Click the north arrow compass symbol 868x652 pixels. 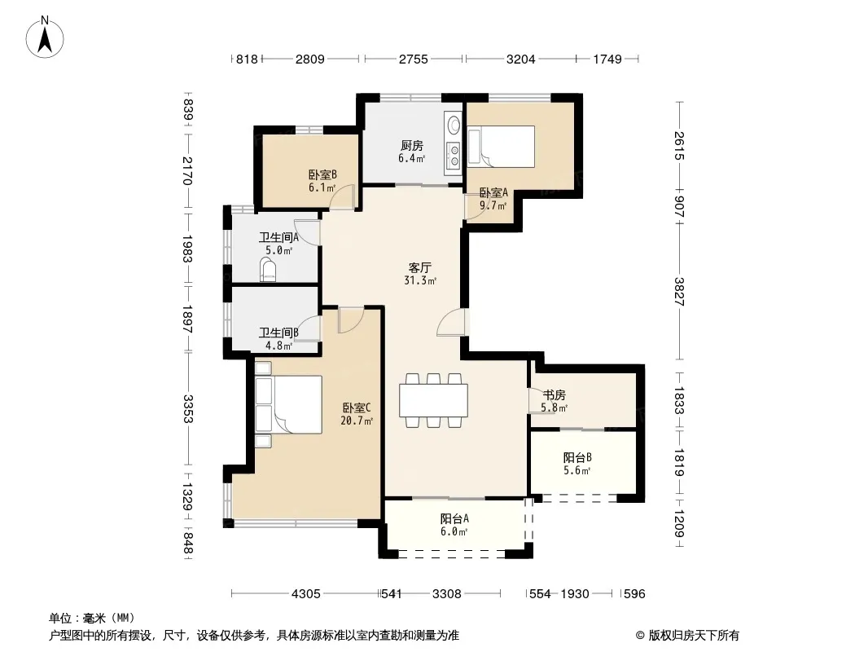pos(45,37)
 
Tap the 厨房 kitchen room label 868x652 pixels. pos(412,145)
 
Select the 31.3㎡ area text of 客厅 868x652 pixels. pos(420,280)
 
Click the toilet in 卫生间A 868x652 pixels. pos(269,271)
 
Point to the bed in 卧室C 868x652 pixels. pos(288,404)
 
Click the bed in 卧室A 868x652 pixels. pos(501,146)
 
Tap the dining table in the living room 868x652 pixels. pos(433,400)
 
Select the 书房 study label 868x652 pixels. pos(555,395)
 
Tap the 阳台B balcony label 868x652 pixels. pos(577,457)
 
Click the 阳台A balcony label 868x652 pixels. pos(454,518)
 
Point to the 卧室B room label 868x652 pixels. pos(322,174)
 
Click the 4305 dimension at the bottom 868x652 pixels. pos(305,594)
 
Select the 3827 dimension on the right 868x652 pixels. pos(680,292)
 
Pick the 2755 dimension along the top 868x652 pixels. pos(414,59)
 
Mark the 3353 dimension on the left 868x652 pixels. pos(187,409)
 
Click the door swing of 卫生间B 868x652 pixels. pos(309,327)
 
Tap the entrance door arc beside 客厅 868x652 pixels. pos(452,322)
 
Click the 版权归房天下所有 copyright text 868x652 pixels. pos(694,636)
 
